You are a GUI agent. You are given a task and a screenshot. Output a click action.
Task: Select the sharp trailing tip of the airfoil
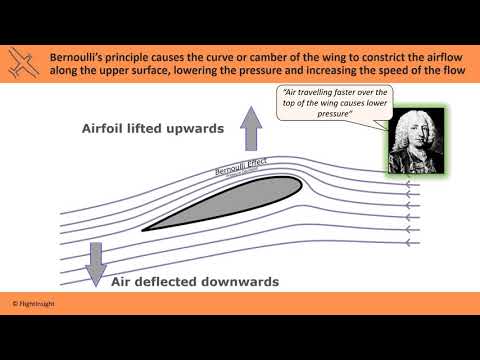[x=143, y=229]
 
